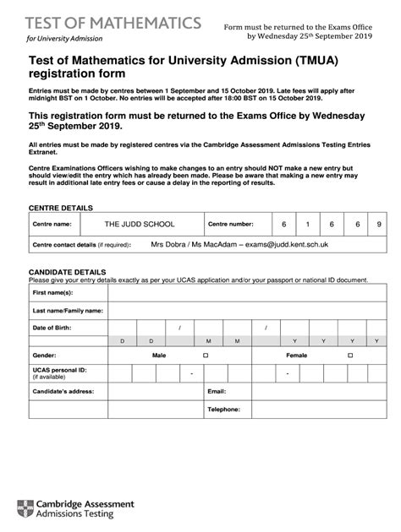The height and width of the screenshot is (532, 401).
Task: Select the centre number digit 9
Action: [x=379, y=225]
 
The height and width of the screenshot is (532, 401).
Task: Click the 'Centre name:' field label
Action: [x=52, y=225]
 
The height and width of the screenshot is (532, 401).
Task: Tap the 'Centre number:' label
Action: [x=231, y=225]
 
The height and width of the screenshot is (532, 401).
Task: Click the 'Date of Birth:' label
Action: [x=52, y=327]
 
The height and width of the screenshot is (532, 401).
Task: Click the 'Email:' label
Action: [x=217, y=392]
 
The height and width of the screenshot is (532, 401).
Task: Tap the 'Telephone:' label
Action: [x=223, y=409]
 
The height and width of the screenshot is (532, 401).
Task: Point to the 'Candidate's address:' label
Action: [x=63, y=392]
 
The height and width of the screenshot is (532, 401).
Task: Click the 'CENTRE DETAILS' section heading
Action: [x=61, y=207]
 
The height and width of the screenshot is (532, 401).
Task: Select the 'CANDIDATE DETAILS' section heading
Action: [x=68, y=272]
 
